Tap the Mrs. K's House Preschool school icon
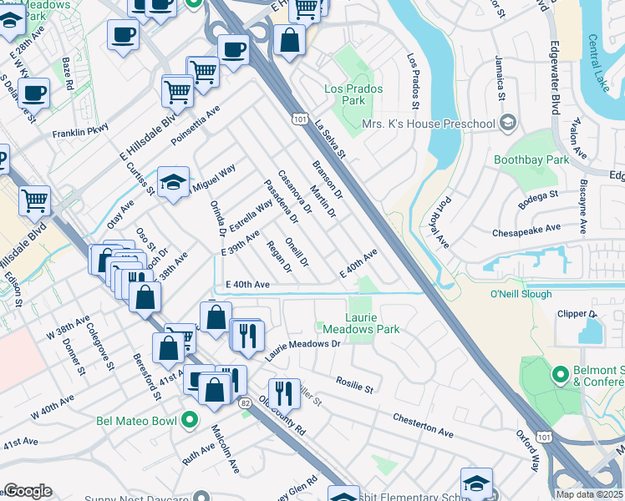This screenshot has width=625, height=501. coord(507,124)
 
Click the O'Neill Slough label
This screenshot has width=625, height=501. coord(521,294)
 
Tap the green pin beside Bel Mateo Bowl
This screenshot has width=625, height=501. coord(190,419)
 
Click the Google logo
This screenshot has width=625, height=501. coord(28,491)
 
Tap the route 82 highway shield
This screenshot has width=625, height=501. coord(245,403)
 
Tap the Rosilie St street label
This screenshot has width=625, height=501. coord(354,384)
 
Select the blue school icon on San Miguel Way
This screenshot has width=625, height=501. coord(173,183)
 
